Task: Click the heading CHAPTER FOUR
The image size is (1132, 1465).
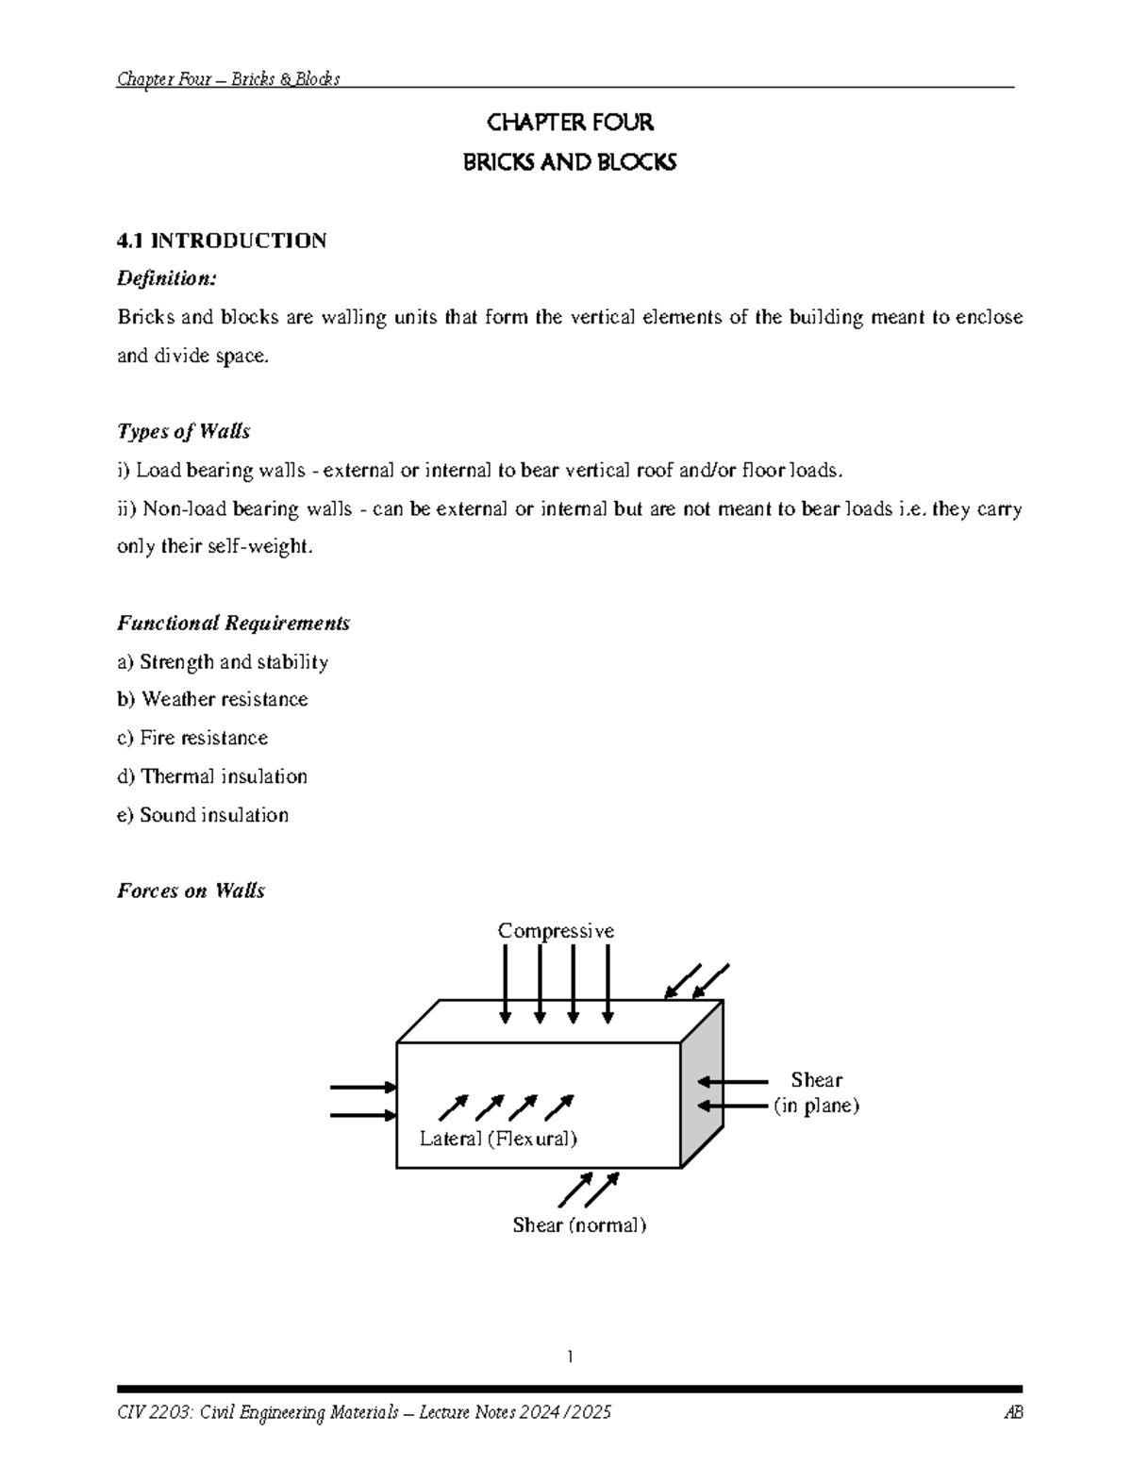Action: tap(569, 123)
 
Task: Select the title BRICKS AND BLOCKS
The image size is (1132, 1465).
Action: tap(569, 163)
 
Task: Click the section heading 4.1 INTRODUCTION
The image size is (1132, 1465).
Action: tap(222, 241)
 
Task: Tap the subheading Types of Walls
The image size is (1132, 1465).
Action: tap(183, 431)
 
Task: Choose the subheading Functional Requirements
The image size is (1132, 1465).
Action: tap(233, 623)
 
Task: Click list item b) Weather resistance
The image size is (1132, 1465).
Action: tap(212, 699)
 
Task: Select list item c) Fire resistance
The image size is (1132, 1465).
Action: tap(192, 738)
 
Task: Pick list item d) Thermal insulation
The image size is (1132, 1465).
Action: tap(212, 776)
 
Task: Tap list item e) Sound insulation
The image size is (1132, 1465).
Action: tap(203, 815)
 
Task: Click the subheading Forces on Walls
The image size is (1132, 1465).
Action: tap(191, 891)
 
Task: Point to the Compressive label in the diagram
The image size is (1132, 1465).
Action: tap(556, 931)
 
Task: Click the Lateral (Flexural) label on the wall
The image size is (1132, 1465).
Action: tap(498, 1139)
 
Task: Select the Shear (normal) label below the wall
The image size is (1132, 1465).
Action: tap(579, 1225)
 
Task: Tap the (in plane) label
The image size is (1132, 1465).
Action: tap(816, 1106)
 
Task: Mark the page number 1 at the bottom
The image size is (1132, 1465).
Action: tap(570, 1357)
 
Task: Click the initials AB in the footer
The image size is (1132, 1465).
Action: tap(1014, 1412)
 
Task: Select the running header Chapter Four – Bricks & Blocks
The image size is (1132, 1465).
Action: tap(228, 79)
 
